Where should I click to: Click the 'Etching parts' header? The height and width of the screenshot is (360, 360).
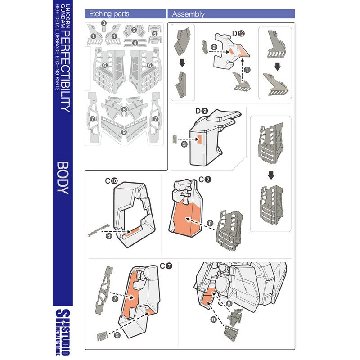click(x=106, y=14)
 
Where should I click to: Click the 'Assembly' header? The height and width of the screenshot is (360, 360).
click(x=188, y=14)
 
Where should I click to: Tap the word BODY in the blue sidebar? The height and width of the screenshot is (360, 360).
click(x=63, y=178)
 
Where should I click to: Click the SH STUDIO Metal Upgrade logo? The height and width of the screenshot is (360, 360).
click(x=63, y=331)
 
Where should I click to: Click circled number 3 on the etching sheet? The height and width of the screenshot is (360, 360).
click(x=104, y=23)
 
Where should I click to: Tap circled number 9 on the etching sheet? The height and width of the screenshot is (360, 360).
click(x=124, y=132)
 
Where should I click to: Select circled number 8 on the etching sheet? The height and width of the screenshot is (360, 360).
click(x=124, y=109)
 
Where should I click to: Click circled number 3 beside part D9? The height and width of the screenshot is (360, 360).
click(x=184, y=144)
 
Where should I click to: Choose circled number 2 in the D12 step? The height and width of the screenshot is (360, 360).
click(x=214, y=46)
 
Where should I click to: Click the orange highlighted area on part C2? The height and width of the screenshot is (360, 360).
click(x=187, y=216)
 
